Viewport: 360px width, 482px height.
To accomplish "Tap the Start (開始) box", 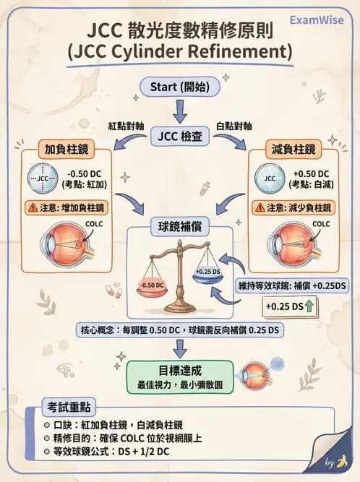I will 179,87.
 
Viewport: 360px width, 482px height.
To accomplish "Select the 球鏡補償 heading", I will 180,225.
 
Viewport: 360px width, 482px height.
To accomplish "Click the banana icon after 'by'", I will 342,462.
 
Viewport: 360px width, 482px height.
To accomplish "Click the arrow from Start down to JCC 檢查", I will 180,111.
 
